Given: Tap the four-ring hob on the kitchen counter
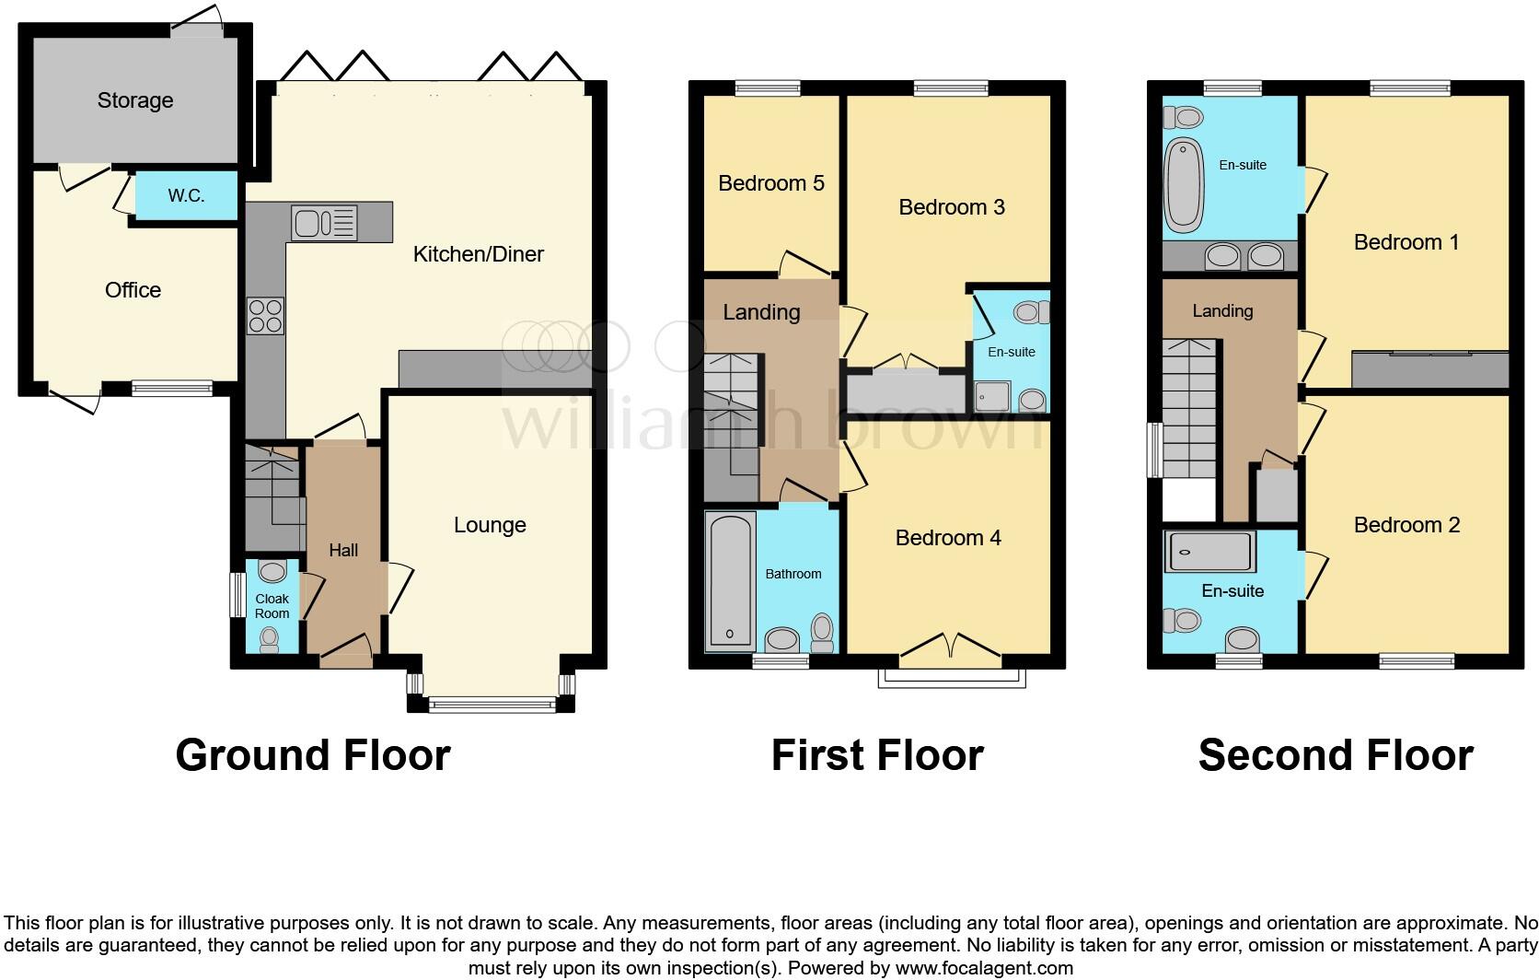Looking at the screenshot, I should click(x=265, y=316).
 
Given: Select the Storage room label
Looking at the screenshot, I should click(x=135, y=100).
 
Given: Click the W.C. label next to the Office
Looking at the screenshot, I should click(x=186, y=196).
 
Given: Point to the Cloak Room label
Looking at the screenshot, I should click(x=272, y=606).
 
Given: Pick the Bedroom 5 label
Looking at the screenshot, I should click(x=770, y=183).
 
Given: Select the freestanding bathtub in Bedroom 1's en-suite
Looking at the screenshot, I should click(x=1184, y=184).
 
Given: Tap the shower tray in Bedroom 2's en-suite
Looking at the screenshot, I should click(x=1209, y=552).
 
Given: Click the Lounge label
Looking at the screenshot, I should click(x=490, y=525).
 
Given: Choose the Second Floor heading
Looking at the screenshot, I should click(x=1335, y=755).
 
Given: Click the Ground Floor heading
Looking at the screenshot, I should click(x=312, y=755).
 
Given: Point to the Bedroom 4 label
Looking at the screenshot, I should click(x=948, y=538).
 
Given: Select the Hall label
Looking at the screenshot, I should click(x=343, y=550).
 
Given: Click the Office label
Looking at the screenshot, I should click(x=133, y=290).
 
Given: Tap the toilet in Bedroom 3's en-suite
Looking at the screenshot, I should click(x=1035, y=312).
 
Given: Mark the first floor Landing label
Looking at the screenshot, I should click(x=761, y=312).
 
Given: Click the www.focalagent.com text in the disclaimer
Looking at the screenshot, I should click(x=983, y=968).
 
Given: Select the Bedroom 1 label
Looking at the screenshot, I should click(x=1406, y=242).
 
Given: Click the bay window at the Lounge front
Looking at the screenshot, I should click(x=492, y=706).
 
